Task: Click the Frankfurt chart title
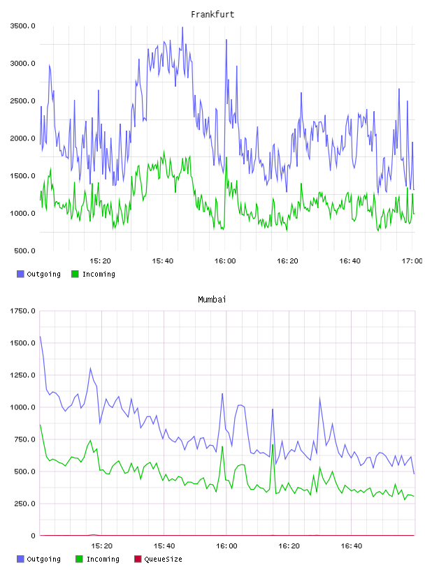212,14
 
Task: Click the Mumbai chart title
212,299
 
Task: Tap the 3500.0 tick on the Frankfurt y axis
22,26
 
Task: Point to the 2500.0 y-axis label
22,101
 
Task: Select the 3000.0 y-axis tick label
22,64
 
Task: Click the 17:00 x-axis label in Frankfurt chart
412,261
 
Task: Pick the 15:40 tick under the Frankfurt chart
163,261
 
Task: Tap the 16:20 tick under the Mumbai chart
289,546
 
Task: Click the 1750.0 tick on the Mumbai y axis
22,311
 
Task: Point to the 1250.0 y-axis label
22,375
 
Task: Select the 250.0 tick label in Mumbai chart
24,504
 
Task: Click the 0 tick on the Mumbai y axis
33,536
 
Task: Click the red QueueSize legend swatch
138,559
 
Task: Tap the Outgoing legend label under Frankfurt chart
43,274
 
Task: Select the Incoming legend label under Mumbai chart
103,559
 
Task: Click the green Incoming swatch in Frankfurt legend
75,274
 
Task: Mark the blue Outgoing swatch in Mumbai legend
20,559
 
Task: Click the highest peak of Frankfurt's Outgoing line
182,27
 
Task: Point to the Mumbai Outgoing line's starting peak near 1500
40,337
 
